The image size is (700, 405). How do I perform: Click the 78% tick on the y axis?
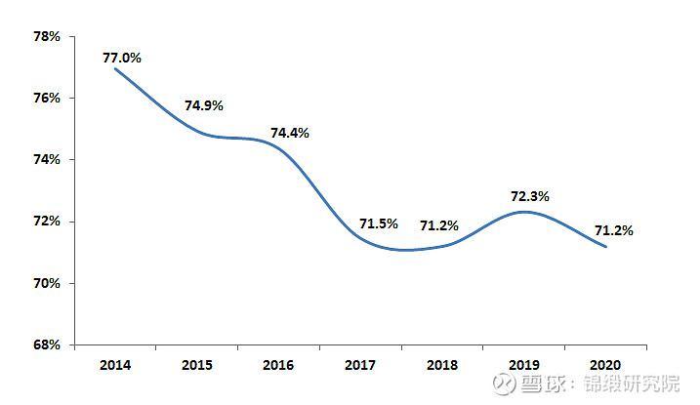click(x=47, y=36)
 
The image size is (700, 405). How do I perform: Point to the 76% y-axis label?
click(x=47, y=98)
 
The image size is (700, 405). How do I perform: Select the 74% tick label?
click(x=47, y=159)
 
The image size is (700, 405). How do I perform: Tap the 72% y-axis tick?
click(x=47, y=222)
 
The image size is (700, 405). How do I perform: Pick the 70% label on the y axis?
click(x=47, y=283)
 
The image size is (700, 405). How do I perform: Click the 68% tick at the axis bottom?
click(x=47, y=345)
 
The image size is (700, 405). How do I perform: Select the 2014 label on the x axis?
click(x=115, y=365)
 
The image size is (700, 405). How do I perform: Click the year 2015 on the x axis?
click(x=197, y=365)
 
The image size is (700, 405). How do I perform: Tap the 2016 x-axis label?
click(x=279, y=365)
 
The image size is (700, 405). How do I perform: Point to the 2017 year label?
click(x=361, y=365)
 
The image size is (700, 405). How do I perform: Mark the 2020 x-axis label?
click(x=606, y=365)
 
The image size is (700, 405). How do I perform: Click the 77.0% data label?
click(x=122, y=59)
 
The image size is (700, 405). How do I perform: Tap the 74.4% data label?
click(x=289, y=133)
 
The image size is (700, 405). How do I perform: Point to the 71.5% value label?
click(x=379, y=223)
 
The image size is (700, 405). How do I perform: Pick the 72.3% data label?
click(x=530, y=196)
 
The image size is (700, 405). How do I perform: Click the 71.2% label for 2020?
click(x=614, y=231)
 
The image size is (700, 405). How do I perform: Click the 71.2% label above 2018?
click(x=439, y=225)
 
